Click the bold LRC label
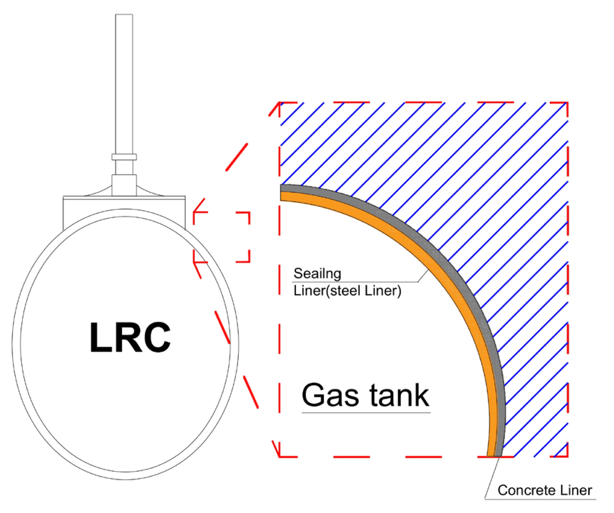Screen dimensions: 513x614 (x=130, y=337)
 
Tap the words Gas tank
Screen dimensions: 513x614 (x=365, y=395)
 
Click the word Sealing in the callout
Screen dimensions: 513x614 (x=317, y=274)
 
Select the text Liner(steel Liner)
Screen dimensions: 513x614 (x=347, y=291)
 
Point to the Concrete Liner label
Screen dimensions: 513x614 (x=544, y=490)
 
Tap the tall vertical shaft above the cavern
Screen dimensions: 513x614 (x=124, y=84)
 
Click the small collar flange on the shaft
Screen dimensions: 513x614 (x=124, y=157)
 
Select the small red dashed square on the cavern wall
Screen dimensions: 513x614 (x=222, y=237)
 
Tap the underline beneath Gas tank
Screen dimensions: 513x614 (x=366, y=413)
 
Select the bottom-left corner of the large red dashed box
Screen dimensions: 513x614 (x=280, y=456)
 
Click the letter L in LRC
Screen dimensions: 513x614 (x=100, y=337)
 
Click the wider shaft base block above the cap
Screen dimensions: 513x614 (x=124, y=185)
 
